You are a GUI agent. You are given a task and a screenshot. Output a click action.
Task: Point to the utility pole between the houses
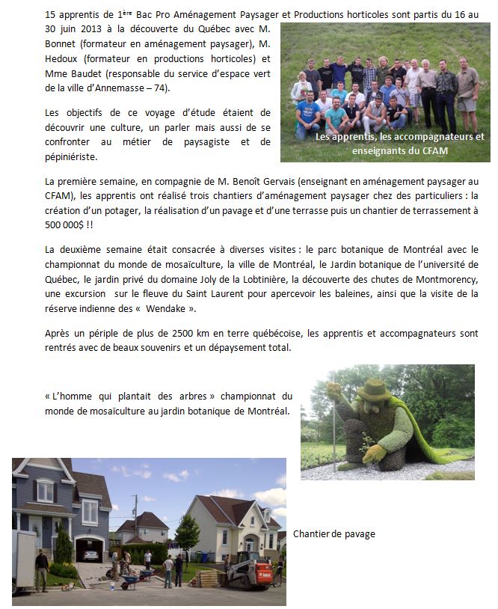click(135, 524)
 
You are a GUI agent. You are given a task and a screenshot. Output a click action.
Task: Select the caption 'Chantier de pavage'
click(334, 534)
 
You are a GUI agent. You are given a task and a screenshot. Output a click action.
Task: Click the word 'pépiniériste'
click(72, 158)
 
